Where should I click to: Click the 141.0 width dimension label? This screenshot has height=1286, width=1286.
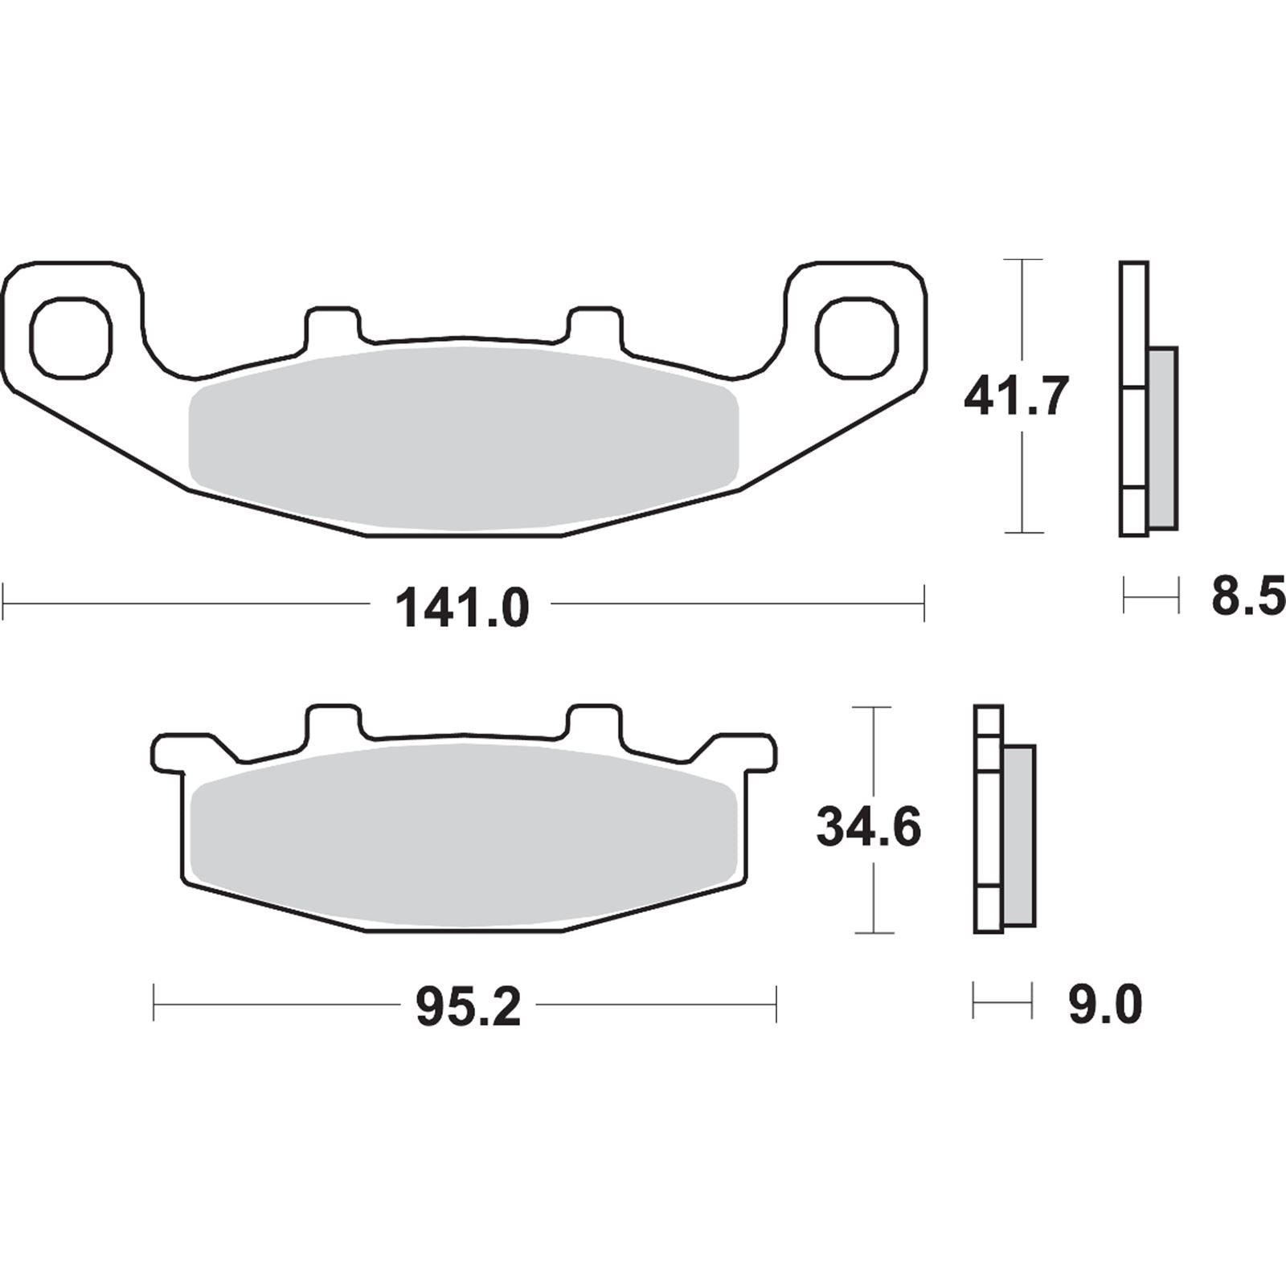coord(462,608)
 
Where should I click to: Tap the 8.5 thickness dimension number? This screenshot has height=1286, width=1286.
coord(1247,597)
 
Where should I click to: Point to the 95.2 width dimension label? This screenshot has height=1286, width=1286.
coord(468,1008)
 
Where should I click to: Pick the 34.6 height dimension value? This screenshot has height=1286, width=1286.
coord(868,827)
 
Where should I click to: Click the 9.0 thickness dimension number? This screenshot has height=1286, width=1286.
coord(1104,1005)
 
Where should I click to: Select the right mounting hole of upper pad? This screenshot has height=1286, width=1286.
coord(855,337)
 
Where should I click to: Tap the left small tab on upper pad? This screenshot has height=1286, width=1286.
coord(331,326)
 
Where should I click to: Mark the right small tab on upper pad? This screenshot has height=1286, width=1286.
coord(595,326)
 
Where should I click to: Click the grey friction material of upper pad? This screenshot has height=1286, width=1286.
coord(462,438)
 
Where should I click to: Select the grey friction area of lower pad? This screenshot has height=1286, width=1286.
coord(464,836)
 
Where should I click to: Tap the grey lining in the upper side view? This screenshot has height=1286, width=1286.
coord(1163,438)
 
